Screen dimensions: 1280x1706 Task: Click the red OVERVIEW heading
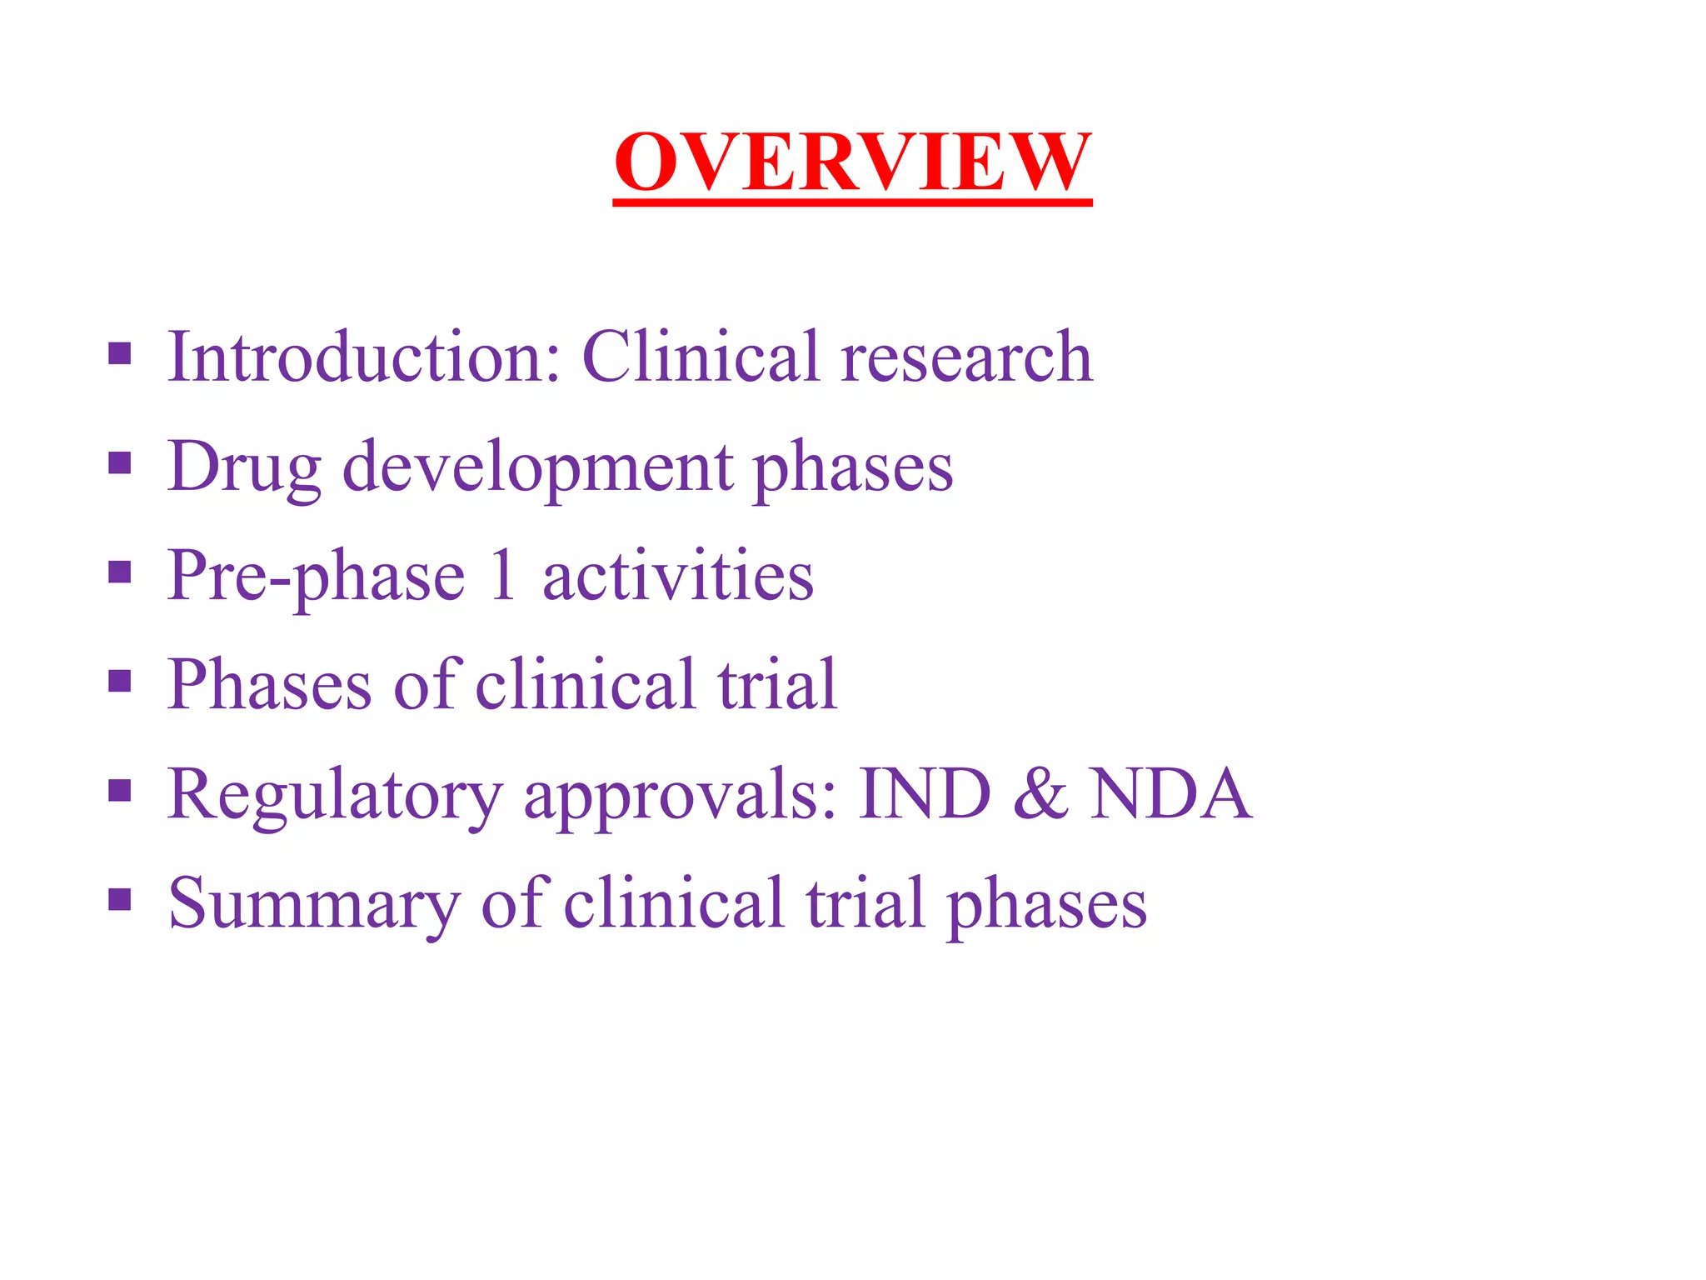[851, 162]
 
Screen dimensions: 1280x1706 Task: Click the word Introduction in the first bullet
[364, 357]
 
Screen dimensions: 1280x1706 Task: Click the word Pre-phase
[316, 577]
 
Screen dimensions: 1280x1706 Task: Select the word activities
[677, 577]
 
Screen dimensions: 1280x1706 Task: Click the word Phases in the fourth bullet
[269, 685]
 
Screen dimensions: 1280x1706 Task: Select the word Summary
[314, 905]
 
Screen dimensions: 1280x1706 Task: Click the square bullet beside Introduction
[120, 353]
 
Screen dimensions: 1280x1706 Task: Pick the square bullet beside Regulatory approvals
[120, 790]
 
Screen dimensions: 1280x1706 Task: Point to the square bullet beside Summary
[120, 899]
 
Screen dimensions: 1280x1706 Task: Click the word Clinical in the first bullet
[700, 357]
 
